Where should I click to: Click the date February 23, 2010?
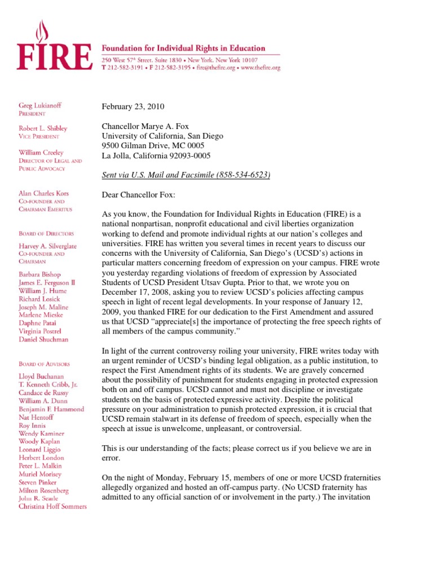click(x=133, y=107)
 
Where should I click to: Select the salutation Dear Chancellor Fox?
click(x=138, y=195)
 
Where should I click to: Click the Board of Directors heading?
click(x=45, y=233)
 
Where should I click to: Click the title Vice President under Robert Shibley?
click(x=38, y=136)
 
